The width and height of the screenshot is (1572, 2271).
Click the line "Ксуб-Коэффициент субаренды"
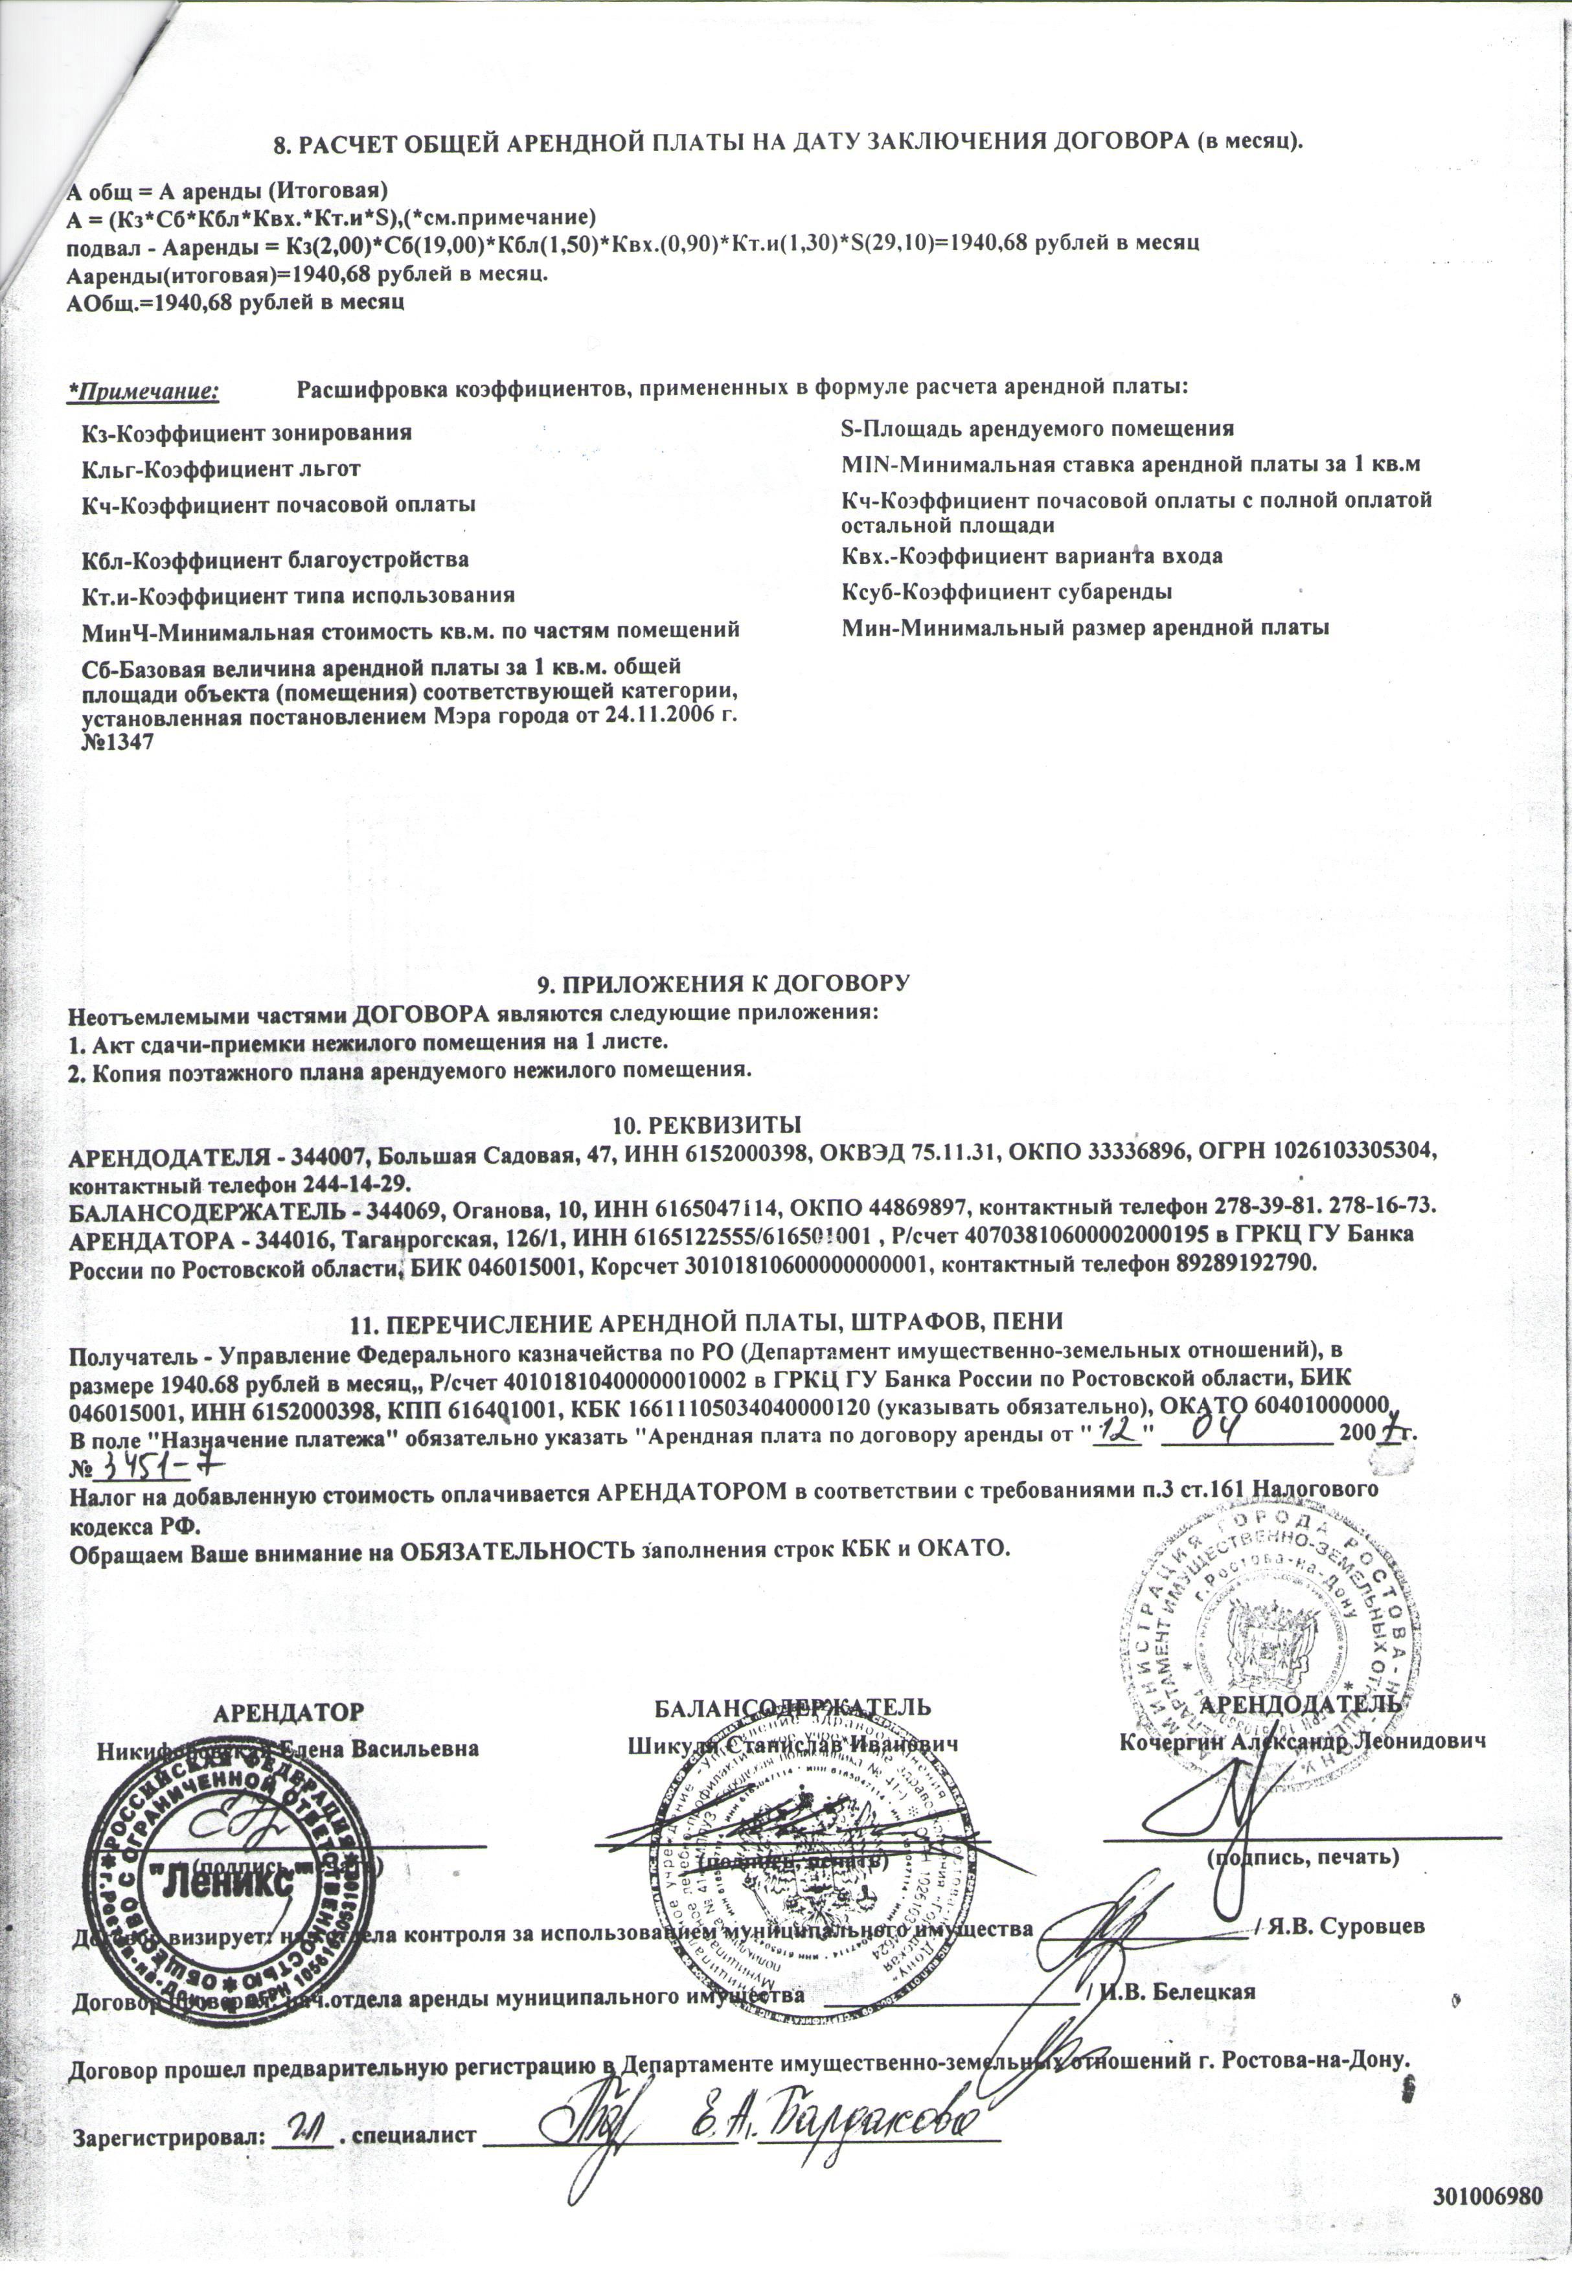point(1006,592)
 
